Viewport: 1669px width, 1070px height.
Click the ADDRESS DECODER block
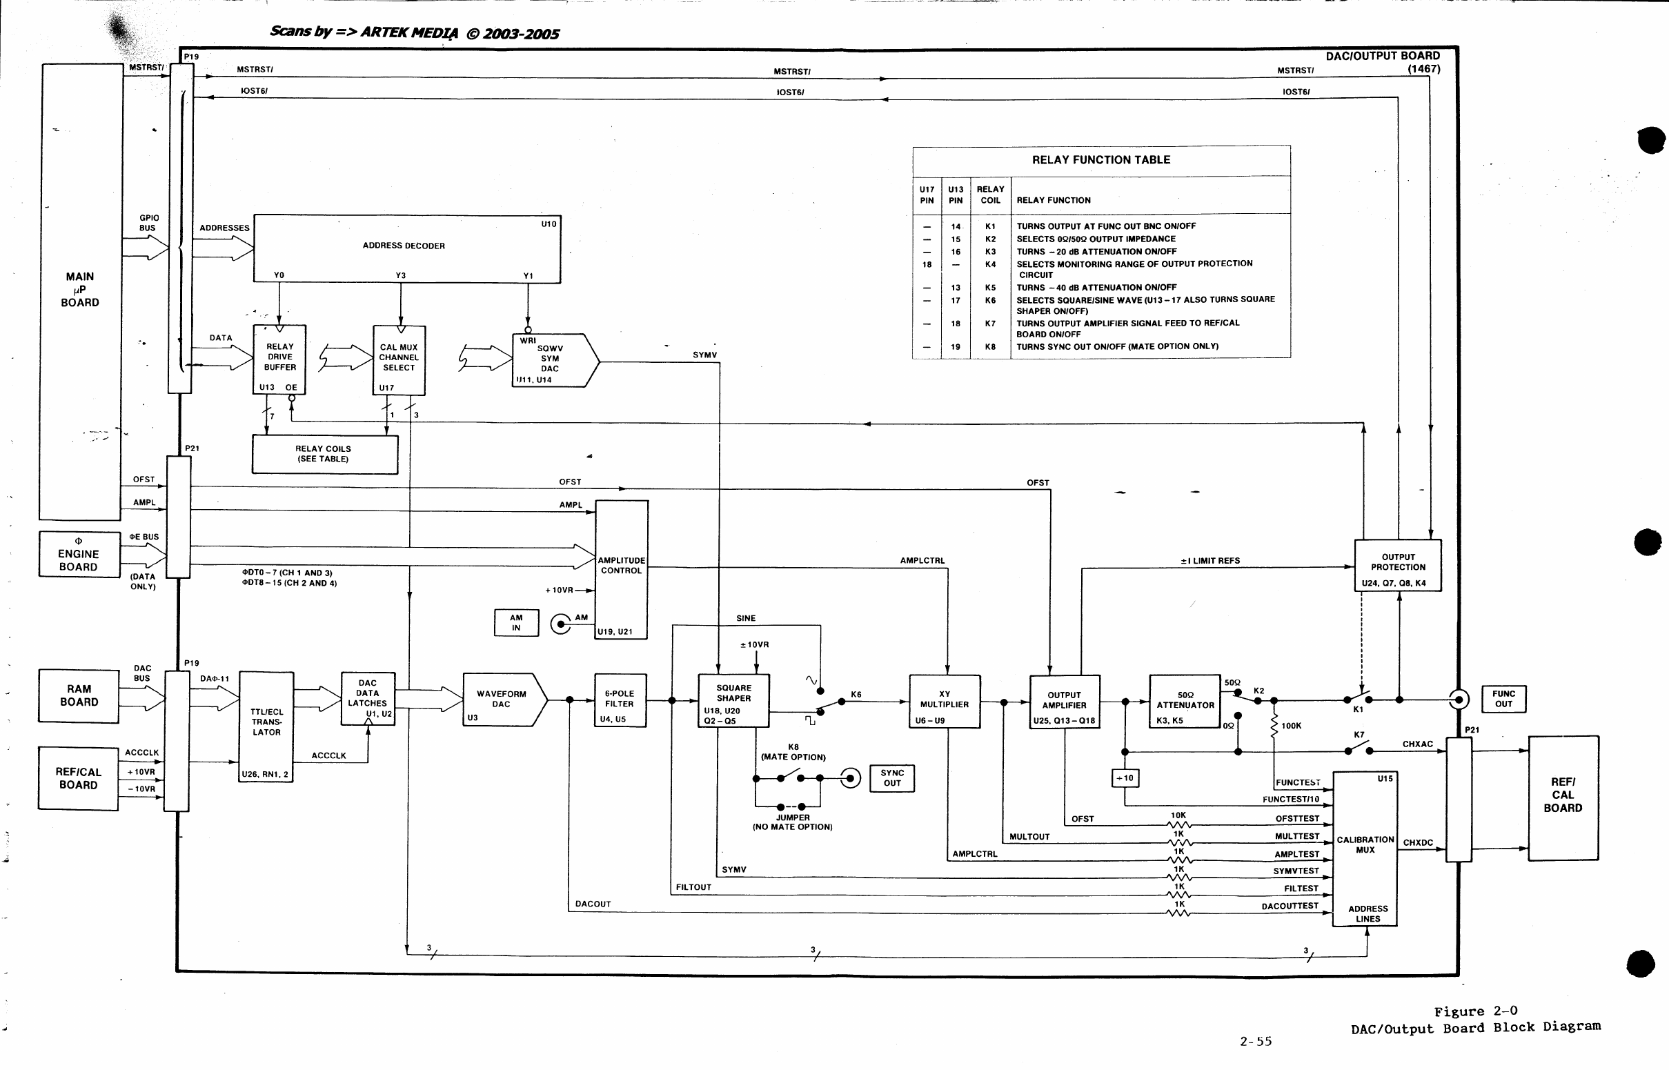point(407,249)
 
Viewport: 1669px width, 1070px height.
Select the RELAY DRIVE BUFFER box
point(279,359)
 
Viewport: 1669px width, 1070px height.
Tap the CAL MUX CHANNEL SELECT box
point(399,360)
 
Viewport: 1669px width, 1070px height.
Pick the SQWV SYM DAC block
point(555,361)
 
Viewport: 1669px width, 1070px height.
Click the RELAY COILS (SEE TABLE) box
point(324,455)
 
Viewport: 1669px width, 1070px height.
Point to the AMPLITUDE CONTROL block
point(621,570)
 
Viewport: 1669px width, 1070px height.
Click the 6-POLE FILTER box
point(620,700)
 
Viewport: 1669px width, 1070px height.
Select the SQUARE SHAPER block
point(733,700)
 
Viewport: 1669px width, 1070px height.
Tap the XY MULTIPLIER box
point(945,701)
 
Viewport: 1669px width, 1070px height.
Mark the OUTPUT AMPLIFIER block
point(1065,702)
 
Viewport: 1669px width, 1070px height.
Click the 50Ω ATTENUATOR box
point(1185,701)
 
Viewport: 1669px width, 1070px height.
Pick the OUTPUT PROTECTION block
point(1398,566)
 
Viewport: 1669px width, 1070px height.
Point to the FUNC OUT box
point(1503,699)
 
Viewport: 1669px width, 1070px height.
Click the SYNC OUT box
point(892,778)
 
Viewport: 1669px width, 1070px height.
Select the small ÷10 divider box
point(1125,778)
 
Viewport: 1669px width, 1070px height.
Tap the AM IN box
point(516,622)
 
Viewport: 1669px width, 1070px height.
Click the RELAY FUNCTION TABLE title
point(1101,160)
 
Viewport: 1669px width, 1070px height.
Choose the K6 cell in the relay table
point(990,300)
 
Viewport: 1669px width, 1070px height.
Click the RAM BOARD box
point(79,695)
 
